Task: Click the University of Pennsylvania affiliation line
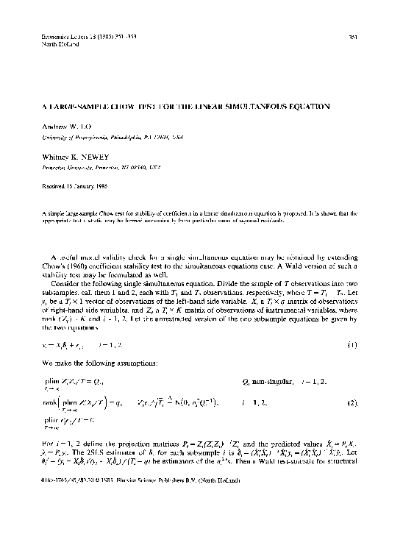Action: [x=118, y=137]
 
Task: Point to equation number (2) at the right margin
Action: [x=353, y=402]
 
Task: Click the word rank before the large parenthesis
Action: [x=52, y=402]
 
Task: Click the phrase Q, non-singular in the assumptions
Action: [x=265, y=383]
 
